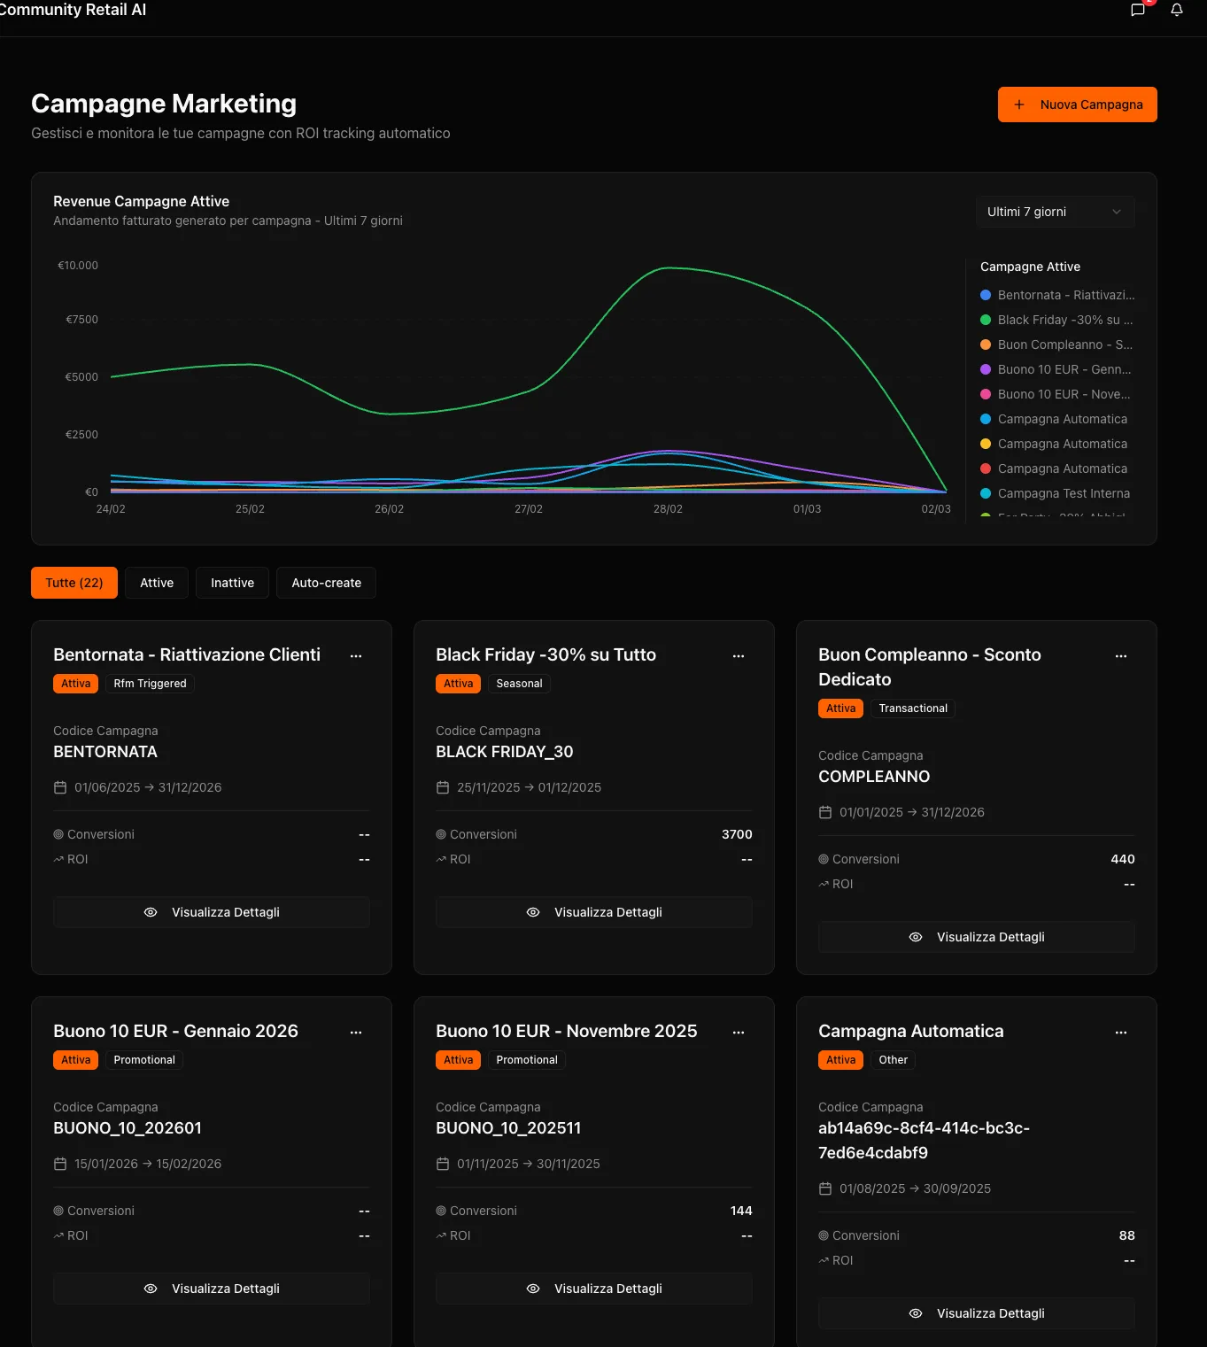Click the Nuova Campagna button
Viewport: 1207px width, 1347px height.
[x=1077, y=105]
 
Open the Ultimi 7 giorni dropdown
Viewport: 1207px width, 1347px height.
[x=1055, y=212]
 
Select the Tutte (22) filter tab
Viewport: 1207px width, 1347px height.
[x=74, y=583]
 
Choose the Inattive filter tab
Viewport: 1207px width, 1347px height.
[x=232, y=583]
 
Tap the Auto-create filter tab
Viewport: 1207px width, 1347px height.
[x=326, y=583]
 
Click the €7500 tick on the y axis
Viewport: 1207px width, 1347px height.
[x=81, y=320]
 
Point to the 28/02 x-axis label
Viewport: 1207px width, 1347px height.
[x=668, y=508]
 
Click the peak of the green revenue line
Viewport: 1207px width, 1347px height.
[x=669, y=268]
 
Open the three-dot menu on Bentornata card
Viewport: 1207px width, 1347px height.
[x=356, y=655]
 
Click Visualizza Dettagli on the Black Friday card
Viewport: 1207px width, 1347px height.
[x=594, y=912]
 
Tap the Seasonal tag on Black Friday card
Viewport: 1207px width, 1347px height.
[x=519, y=684]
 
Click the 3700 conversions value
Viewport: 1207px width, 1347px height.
[x=737, y=834]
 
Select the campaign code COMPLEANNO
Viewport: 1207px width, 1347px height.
[x=874, y=777]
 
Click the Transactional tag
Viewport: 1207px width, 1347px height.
[x=912, y=708]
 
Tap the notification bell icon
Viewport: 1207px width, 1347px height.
[x=1176, y=10]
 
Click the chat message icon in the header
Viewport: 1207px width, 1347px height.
[x=1138, y=10]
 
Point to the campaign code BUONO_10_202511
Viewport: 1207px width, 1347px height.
[x=508, y=1128]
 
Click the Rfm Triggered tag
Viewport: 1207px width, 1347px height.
[x=150, y=684]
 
